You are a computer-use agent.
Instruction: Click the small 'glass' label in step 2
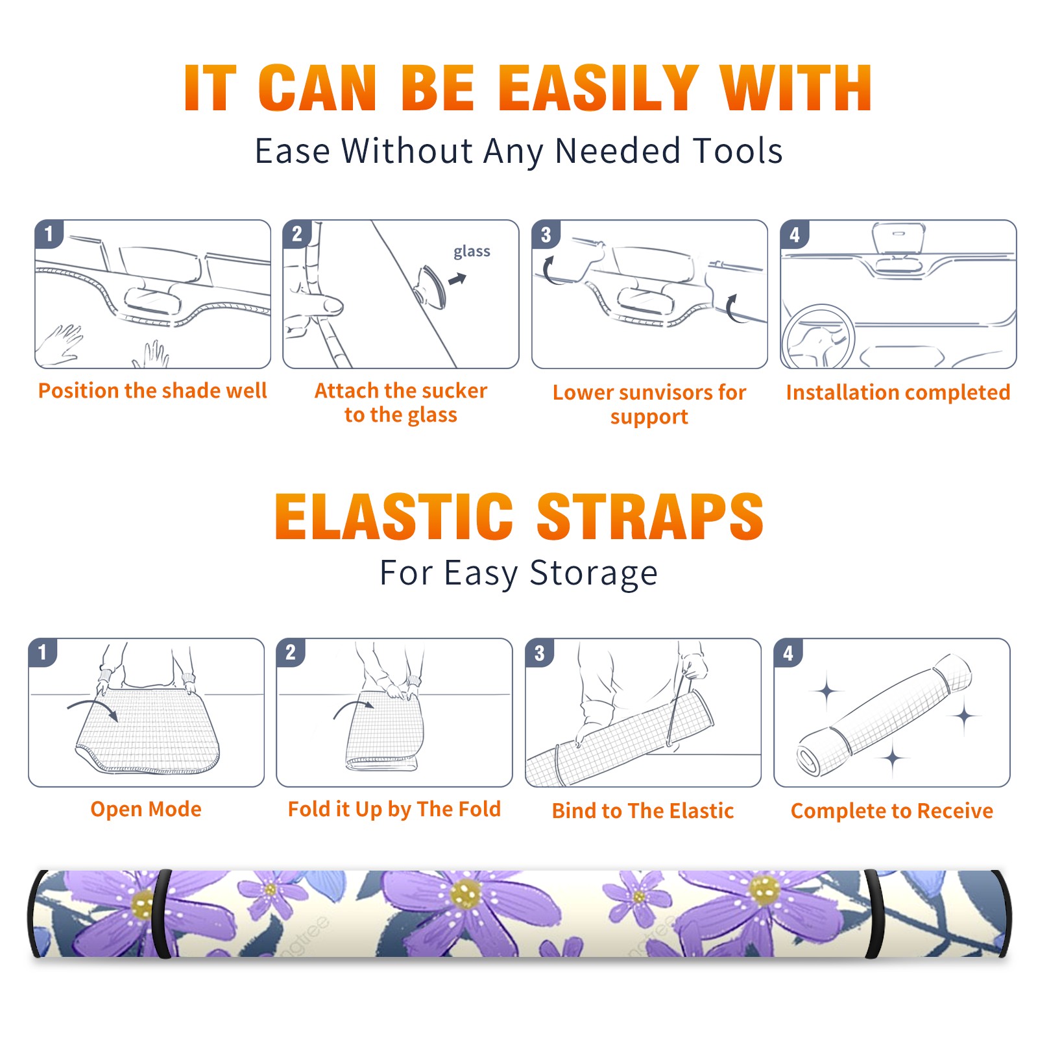(472, 252)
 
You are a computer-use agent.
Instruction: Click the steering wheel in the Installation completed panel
(817, 336)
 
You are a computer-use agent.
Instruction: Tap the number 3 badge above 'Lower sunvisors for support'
(546, 234)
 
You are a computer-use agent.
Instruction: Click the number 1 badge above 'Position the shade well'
(49, 234)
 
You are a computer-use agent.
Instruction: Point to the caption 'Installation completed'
(898, 392)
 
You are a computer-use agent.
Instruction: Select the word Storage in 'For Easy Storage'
(594, 573)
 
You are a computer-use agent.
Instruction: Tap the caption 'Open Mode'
(146, 809)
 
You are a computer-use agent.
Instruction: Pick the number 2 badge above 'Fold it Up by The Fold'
(290, 652)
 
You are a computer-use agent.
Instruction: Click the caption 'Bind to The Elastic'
(643, 811)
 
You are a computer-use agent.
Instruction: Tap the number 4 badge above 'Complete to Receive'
(788, 652)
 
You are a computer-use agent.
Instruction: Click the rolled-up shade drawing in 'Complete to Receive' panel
(884, 715)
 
